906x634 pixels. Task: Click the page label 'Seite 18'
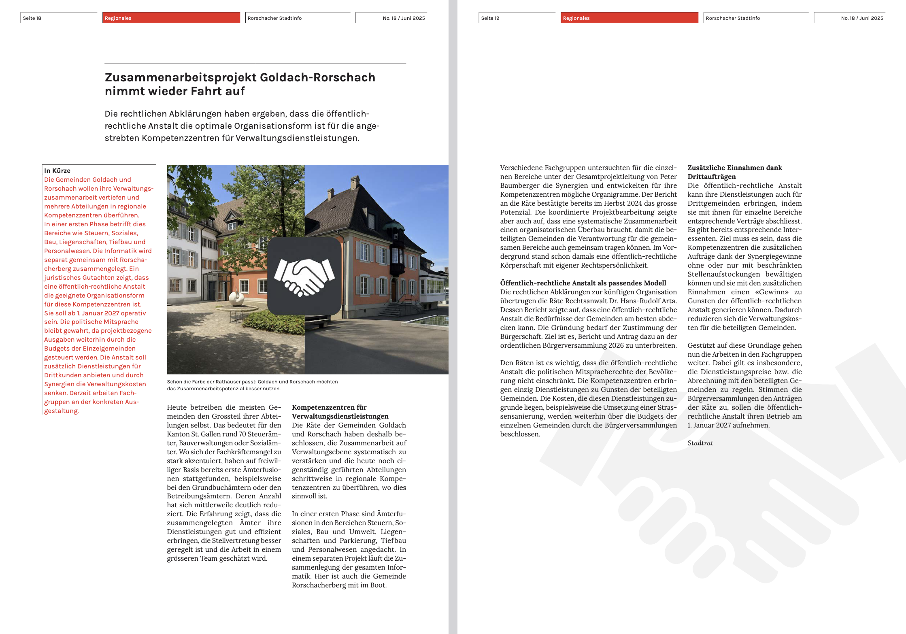point(32,18)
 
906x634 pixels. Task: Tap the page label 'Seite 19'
point(490,18)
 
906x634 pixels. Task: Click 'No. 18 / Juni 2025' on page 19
point(862,18)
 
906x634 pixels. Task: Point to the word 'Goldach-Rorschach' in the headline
point(317,77)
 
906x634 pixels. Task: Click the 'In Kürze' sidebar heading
point(57,171)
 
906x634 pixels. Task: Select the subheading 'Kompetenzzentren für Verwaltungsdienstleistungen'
point(340,412)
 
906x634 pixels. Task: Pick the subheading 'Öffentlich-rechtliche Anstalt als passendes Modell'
point(583,283)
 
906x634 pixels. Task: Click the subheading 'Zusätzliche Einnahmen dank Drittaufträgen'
point(734,172)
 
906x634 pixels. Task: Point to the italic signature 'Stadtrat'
point(700,443)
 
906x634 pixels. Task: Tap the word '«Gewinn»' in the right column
point(772,292)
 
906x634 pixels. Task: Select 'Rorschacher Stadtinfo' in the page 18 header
point(274,18)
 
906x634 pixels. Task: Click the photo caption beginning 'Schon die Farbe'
point(252,385)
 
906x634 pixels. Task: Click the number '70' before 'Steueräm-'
point(243,434)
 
